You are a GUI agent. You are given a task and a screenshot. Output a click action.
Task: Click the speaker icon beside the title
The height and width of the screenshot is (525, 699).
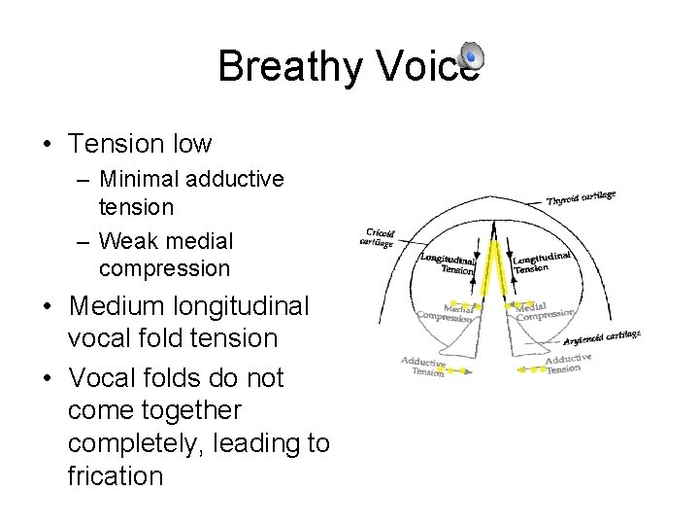coord(470,57)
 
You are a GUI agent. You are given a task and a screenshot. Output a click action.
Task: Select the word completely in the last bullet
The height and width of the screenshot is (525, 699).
coord(142,443)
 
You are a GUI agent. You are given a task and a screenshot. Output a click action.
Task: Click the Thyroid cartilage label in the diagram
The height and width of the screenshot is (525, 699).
coord(582,198)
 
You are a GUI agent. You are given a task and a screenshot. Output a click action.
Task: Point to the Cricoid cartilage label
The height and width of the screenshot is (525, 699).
coord(377,237)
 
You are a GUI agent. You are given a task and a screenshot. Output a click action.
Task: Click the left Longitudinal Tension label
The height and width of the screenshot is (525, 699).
coord(447,263)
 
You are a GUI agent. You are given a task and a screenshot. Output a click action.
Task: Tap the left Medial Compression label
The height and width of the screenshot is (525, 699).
coord(445,312)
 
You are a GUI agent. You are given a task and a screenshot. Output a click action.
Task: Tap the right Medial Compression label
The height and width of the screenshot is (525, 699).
coord(545,312)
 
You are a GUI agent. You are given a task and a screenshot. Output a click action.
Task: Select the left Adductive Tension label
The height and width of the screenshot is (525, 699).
coord(423,367)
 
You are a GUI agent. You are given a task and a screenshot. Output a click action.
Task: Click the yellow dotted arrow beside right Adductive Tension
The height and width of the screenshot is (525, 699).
coord(532,371)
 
